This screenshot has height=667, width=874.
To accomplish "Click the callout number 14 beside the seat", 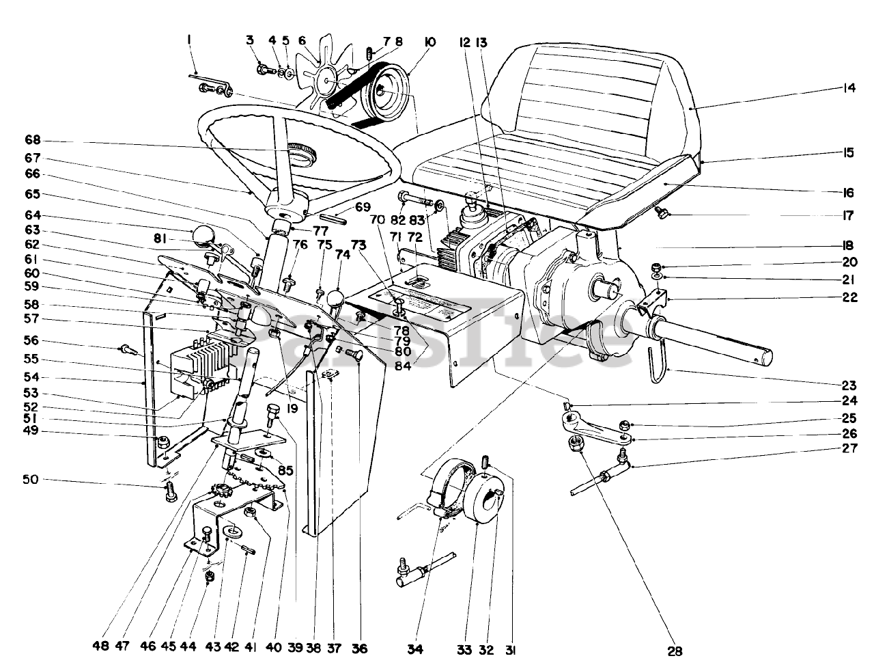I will click(849, 88).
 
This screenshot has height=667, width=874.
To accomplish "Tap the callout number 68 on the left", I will click(33, 141).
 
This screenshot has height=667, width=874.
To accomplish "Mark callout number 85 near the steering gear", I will click(286, 471).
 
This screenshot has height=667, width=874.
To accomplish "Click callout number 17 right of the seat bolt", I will click(848, 216).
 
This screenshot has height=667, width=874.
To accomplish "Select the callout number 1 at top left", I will click(188, 41).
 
